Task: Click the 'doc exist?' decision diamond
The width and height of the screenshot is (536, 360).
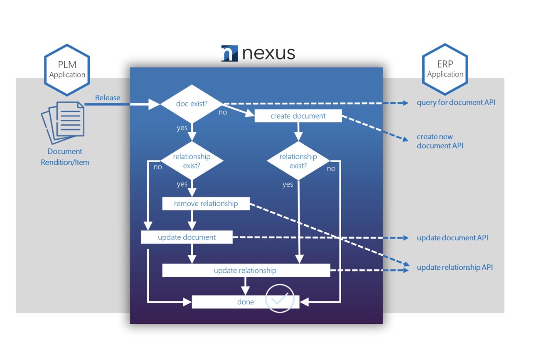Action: click(192, 104)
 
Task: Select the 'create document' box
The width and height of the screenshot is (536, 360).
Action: click(298, 116)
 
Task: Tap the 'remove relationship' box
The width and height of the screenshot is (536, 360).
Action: click(206, 204)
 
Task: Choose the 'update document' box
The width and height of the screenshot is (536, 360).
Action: click(187, 237)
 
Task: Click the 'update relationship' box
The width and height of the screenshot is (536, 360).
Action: click(246, 270)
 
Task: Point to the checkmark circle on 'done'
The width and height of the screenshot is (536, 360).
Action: click(280, 298)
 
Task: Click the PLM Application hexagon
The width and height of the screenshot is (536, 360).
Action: click(67, 70)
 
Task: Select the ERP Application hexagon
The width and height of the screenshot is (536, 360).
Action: click(445, 69)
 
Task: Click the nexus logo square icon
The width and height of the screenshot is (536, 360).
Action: click(229, 54)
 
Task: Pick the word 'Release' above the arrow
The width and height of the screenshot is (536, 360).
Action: click(108, 98)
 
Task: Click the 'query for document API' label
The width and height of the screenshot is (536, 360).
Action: click(456, 102)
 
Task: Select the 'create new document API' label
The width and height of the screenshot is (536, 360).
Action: click(440, 141)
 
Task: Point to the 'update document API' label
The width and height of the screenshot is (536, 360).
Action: click(452, 238)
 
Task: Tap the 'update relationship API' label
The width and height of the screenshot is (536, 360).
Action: click(455, 267)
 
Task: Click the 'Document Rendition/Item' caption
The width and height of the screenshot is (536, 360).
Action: click(65, 157)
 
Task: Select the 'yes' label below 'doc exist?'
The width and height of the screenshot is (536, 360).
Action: click(182, 128)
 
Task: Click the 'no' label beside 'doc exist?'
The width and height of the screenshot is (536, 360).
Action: click(223, 112)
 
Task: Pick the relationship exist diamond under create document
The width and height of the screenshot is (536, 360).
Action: click(298, 161)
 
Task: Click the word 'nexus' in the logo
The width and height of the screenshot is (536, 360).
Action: click(268, 53)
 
